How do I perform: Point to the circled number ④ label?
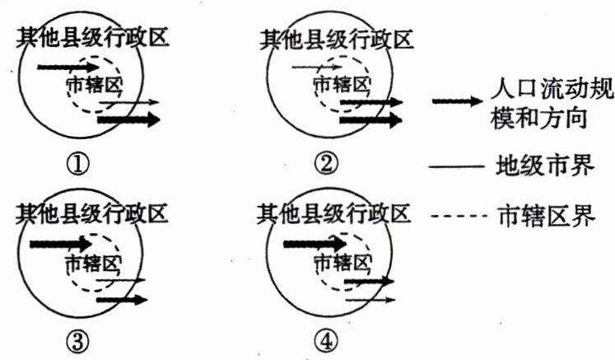pos(327,340)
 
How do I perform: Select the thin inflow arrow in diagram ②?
pos(317,66)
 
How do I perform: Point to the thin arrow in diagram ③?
pos(120,281)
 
